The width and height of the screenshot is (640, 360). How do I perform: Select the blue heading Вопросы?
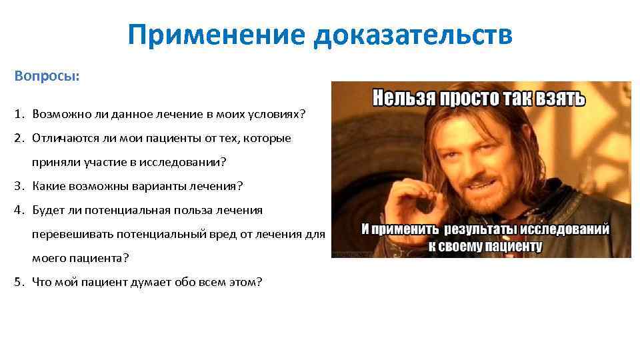pyautogui.click(x=47, y=76)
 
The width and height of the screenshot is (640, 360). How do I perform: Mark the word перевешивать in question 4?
pyautogui.click(x=71, y=234)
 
